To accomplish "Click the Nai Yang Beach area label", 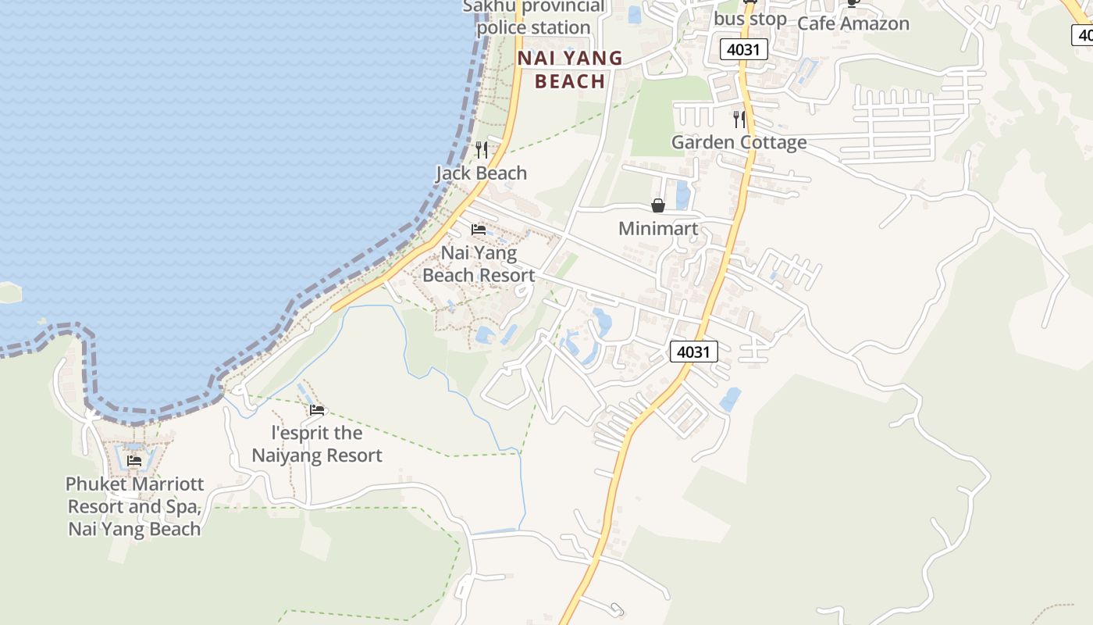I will (x=570, y=70).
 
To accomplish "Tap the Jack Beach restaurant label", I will (x=481, y=173).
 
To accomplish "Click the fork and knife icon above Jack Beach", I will (x=482, y=148).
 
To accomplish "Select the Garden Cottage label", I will (x=739, y=142).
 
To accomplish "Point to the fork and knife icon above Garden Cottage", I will (x=739, y=119).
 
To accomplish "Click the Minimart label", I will (x=658, y=228).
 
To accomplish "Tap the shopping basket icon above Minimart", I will (x=658, y=205).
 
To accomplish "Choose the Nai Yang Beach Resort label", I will (x=479, y=264).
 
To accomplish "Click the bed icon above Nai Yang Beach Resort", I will (x=479, y=230).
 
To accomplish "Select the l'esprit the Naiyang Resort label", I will (x=317, y=444).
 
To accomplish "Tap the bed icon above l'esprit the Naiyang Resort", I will (x=317, y=409).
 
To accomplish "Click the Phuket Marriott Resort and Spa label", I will (x=134, y=506).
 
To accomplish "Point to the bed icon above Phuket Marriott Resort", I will (x=134, y=461).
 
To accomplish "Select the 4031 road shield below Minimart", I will (x=693, y=352).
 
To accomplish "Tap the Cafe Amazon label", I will (x=853, y=23).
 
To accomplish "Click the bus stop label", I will (x=749, y=18).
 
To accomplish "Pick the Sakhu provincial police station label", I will (x=534, y=17).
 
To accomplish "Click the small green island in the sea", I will (x=8, y=292).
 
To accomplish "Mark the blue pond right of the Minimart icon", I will (x=682, y=195).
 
